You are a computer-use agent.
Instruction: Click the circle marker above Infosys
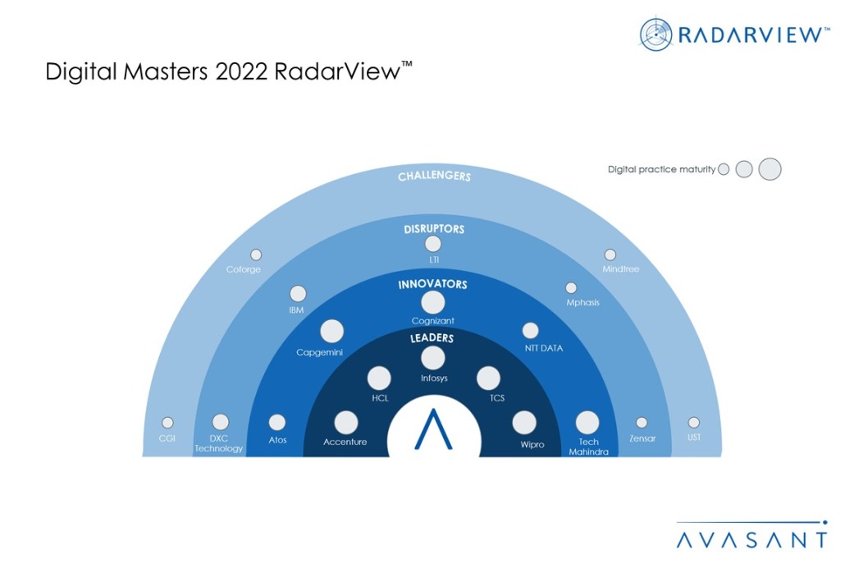(432, 358)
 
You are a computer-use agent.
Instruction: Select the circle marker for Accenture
(346, 422)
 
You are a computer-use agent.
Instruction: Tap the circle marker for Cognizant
(432, 303)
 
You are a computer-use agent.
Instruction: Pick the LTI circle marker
(433, 244)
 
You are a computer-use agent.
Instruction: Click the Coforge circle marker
(256, 255)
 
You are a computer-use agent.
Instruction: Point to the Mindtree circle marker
(610, 255)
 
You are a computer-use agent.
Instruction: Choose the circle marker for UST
(694, 423)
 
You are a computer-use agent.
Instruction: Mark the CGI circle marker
(167, 423)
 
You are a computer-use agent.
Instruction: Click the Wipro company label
(532, 444)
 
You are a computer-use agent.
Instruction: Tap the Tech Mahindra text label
(588, 447)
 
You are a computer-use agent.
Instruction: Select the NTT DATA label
(543, 348)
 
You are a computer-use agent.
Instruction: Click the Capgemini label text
(320, 352)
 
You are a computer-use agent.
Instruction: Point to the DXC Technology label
(219, 444)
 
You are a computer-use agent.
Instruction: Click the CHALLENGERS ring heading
(434, 177)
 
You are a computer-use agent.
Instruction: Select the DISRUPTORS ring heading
(433, 229)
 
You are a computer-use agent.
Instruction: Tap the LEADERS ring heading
(432, 337)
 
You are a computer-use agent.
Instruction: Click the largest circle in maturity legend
(770, 169)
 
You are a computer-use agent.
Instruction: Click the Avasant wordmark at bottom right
(751, 539)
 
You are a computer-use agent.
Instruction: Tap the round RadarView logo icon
(656, 34)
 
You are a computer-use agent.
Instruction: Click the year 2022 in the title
(242, 72)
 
